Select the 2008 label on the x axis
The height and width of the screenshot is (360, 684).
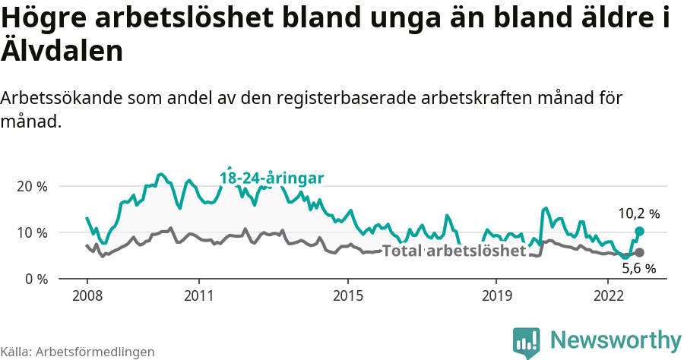[x=87, y=295]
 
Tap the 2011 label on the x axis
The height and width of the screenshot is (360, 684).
[x=198, y=295]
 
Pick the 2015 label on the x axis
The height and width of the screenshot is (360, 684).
[x=347, y=295]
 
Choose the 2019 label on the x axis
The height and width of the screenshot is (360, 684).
[x=496, y=295]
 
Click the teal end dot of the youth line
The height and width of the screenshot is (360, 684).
[x=639, y=231]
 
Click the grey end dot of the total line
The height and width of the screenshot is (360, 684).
[x=639, y=252]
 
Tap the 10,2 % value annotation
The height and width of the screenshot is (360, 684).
[x=638, y=214]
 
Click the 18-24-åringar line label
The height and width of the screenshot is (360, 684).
[x=272, y=178]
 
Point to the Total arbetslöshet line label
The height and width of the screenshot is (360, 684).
[x=454, y=251]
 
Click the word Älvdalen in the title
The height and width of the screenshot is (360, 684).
[x=62, y=51]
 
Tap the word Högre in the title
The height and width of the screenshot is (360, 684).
[x=46, y=18]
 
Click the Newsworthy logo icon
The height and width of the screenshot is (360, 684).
[x=526, y=342]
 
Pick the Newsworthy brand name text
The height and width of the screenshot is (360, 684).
[x=616, y=339]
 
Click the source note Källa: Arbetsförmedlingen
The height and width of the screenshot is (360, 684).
[x=78, y=352]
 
